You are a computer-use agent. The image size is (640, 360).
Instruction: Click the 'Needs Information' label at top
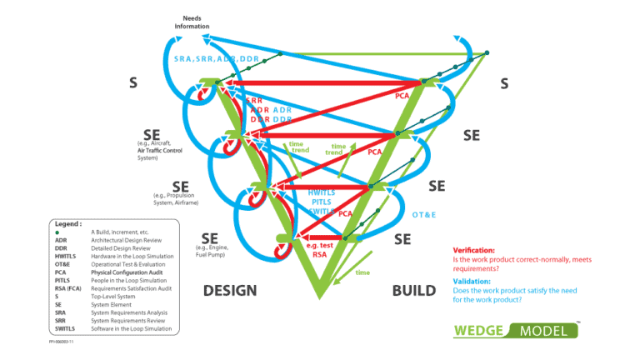tap(192, 22)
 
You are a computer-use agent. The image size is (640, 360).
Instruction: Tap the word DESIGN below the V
tap(229, 290)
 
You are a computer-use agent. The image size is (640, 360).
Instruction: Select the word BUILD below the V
tap(413, 290)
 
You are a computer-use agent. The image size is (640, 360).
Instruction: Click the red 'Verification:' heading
tap(477, 250)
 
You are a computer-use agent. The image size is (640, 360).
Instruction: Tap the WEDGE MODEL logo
tap(517, 330)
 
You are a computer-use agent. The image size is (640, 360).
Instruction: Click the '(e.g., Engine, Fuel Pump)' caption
tap(212, 252)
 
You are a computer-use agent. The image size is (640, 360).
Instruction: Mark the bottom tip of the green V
tap(318, 297)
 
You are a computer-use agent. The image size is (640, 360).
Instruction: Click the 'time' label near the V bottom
tap(362, 272)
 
